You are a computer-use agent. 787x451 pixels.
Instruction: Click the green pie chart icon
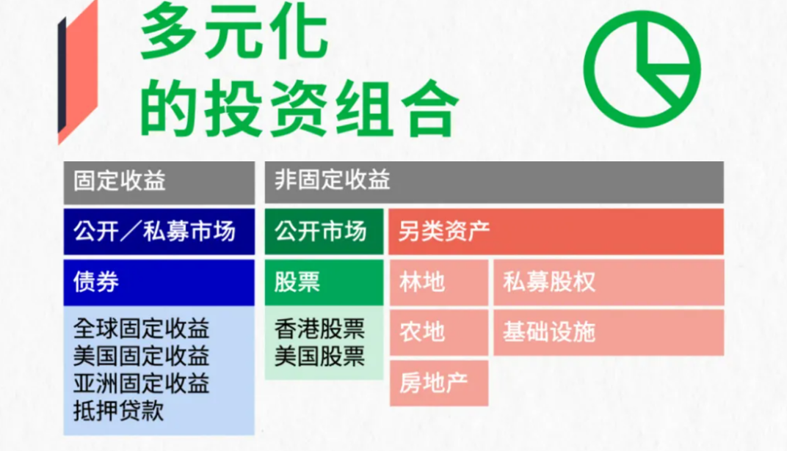point(647,69)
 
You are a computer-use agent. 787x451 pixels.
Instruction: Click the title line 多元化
point(233,34)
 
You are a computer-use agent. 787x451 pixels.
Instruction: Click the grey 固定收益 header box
point(159,181)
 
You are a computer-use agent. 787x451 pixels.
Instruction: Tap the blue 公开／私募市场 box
point(159,232)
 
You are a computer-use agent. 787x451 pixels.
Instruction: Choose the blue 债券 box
point(159,282)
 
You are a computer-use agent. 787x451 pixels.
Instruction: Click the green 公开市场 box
point(324,232)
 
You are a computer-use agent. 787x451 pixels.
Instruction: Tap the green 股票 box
point(324,282)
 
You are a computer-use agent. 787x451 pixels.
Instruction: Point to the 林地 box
point(439,282)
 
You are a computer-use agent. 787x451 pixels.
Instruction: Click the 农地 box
point(439,332)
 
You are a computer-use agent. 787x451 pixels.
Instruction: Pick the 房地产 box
point(439,382)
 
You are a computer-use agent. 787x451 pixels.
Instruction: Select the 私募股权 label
point(549,282)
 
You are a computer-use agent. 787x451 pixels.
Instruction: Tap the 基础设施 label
point(549,332)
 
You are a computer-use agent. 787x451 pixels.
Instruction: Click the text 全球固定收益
point(141,329)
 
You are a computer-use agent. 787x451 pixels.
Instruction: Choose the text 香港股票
point(319,329)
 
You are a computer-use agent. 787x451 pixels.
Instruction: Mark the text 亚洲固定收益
point(141,384)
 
